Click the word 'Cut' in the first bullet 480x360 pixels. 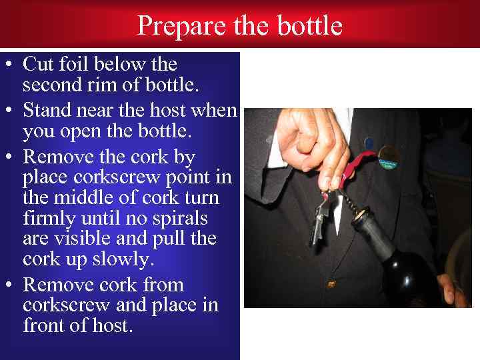click(37, 64)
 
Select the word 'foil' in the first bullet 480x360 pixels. click(73, 64)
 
